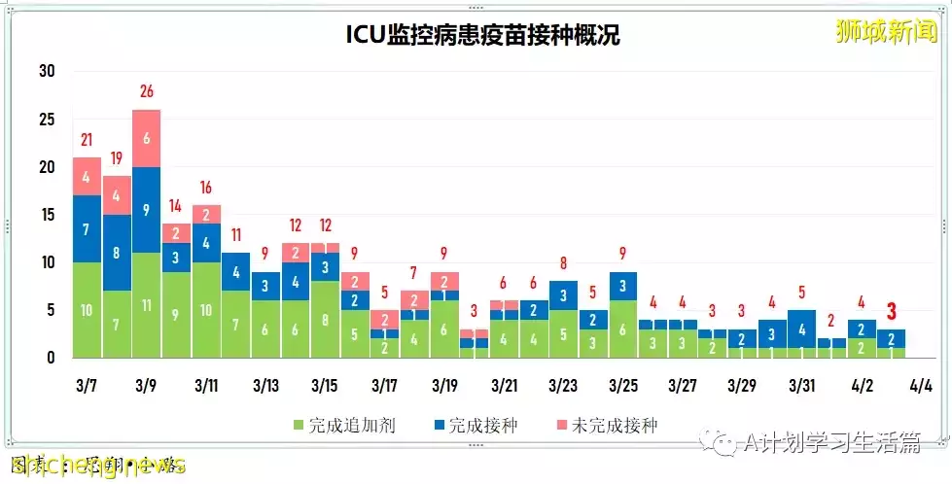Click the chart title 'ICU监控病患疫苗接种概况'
coord(483,36)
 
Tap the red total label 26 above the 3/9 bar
coord(147,91)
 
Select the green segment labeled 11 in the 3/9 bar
coord(147,304)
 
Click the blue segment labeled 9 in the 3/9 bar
coord(147,209)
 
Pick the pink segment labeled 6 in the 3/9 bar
coord(147,138)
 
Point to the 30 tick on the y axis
coord(47,71)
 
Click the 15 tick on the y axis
coord(47,215)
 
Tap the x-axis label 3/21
coord(505,386)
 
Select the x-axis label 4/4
coord(919,386)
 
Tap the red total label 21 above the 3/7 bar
coord(87,139)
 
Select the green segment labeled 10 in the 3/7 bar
coord(87,310)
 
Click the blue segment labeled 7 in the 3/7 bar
coord(87,228)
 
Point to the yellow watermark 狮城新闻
coord(887,32)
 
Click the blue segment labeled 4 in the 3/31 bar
coord(802,329)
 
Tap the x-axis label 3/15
coord(326,386)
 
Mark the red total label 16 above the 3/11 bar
coord(206,187)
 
